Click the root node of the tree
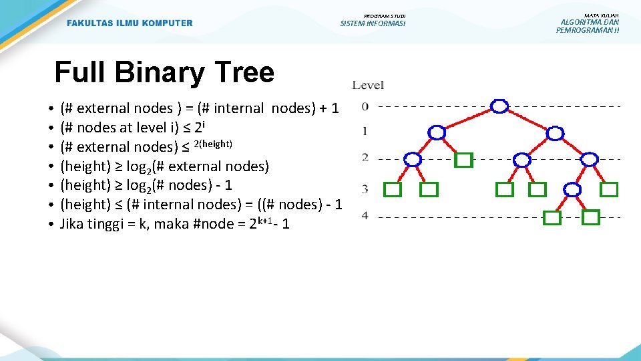pos(499,106)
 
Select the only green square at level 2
pos(463,160)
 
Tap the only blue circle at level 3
pos(572,190)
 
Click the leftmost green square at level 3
pos(393,190)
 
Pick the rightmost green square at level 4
pos(590,217)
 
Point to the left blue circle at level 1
pos(437,132)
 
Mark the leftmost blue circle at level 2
pos(413,159)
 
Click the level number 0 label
pos(365,106)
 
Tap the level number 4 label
pos(365,215)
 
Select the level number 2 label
pos(365,158)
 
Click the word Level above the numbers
pos(368,85)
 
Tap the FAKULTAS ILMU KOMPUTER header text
pos(130,23)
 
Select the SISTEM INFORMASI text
pos(373,23)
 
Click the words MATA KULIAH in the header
pos(601,15)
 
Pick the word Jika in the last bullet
pos(73,223)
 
